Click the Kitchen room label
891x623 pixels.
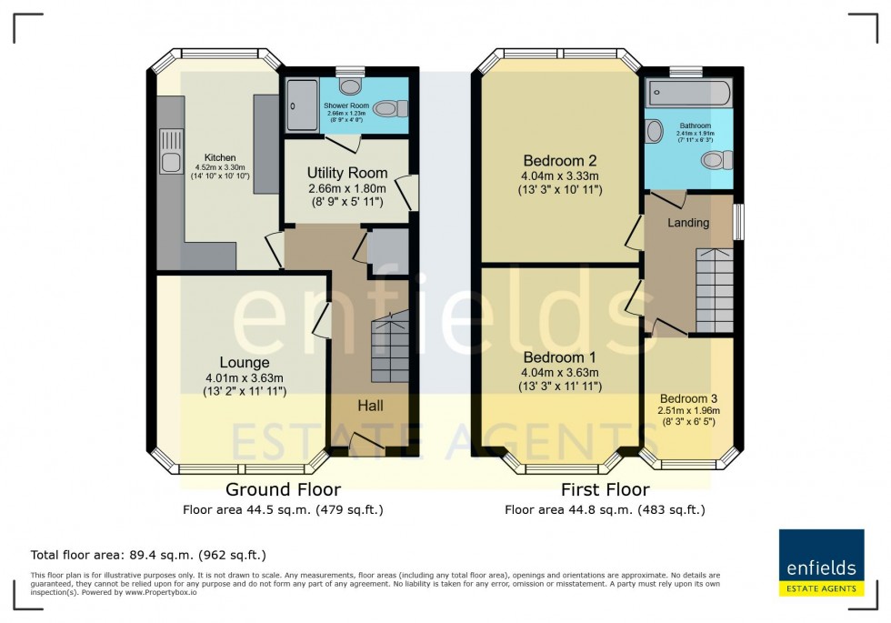click(x=220, y=157)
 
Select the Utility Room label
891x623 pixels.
click(x=346, y=173)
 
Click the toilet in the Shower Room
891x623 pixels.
click(x=387, y=109)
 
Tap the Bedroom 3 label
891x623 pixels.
click(x=688, y=398)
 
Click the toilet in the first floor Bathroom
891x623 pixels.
click(x=716, y=160)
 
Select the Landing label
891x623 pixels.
click(x=688, y=223)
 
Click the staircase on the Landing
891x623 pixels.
click(x=714, y=292)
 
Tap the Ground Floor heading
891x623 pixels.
click(x=283, y=490)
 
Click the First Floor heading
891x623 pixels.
click(x=605, y=490)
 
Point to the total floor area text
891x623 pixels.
click(x=148, y=554)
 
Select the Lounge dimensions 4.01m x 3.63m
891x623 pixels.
click(x=244, y=378)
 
